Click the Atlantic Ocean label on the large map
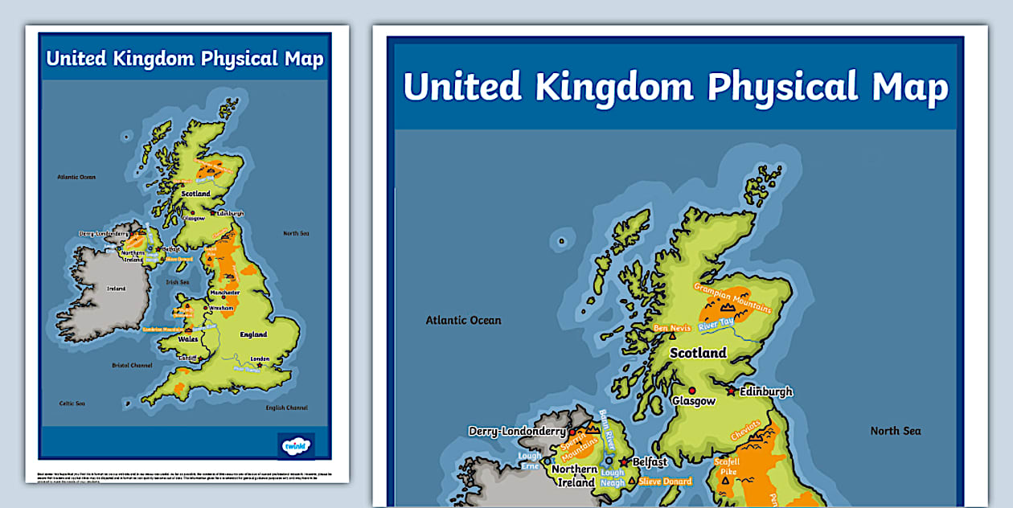[463, 321]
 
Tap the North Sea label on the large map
[895, 431]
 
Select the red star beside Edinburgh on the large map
[731, 391]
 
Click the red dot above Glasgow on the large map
[691, 390]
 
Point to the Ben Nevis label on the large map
[672, 328]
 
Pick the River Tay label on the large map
[716, 326]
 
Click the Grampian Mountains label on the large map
[732, 297]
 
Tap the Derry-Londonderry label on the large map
[517, 432]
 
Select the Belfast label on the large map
[650, 462]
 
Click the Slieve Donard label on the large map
[665, 481]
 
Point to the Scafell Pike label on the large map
[728, 466]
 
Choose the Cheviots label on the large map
[746, 429]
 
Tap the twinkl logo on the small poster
[295, 444]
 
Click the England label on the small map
[253, 334]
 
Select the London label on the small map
[260, 358]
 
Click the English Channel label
[286, 408]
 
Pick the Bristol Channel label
[132, 365]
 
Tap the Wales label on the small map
[188, 339]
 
